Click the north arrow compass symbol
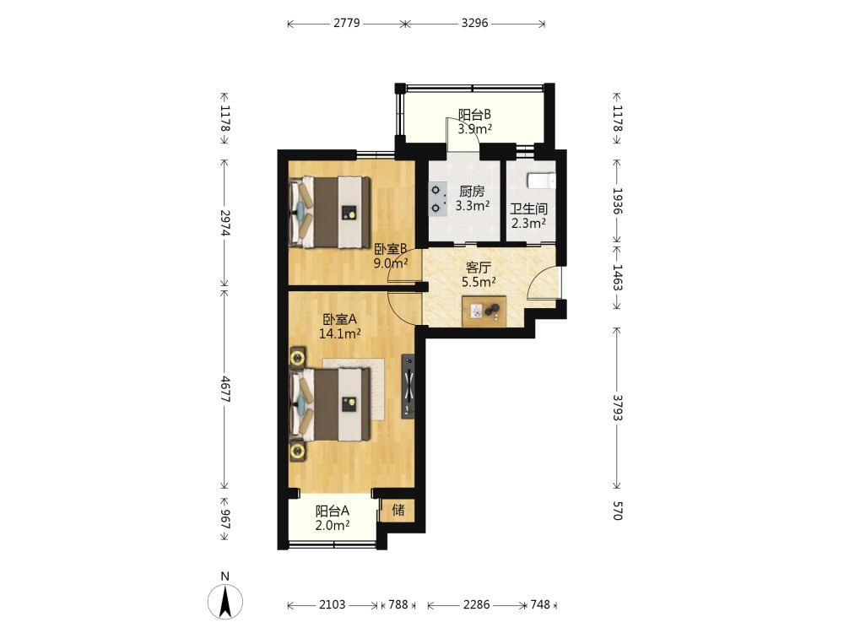point(225,600)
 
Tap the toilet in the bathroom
point(540,181)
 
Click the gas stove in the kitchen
point(437,198)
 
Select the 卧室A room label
point(339,319)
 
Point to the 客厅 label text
point(479,268)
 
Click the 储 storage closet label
point(398,509)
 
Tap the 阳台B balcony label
point(474,115)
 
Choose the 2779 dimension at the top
point(347,23)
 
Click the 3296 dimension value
point(474,23)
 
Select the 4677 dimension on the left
point(225,389)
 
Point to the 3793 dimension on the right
point(618,408)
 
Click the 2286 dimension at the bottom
point(476,604)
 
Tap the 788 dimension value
point(398,604)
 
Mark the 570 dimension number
point(618,511)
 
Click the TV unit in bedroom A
point(408,386)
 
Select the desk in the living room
point(484,311)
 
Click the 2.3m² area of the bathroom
point(529,223)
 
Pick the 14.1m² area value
point(339,333)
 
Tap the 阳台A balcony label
point(332,511)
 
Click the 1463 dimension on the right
point(618,278)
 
